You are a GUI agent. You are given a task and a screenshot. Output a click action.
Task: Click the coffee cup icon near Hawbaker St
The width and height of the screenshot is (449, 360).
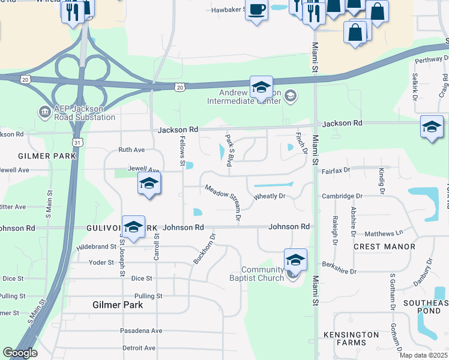tap(257, 10)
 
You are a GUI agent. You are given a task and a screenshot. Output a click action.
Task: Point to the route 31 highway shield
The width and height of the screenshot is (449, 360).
tap(76, 142)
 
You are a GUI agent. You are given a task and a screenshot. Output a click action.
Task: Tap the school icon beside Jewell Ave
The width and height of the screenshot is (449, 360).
tap(149, 185)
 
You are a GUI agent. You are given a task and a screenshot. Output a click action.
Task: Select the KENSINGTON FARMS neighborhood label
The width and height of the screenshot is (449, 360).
tap(351, 338)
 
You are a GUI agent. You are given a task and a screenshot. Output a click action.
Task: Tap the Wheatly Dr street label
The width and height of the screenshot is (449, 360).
tap(268, 196)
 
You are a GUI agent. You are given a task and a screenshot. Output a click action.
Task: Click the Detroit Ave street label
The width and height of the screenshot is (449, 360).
tap(139, 348)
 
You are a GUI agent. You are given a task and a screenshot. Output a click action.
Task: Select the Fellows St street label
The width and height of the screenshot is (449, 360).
tap(181, 151)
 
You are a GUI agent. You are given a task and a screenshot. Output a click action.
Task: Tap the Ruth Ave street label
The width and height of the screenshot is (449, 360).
tap(131, 149)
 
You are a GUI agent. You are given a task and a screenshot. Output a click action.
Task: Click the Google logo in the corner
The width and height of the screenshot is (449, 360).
tap(20, 353)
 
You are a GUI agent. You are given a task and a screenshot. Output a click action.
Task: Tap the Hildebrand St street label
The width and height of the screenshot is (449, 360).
tap(96, 247)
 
